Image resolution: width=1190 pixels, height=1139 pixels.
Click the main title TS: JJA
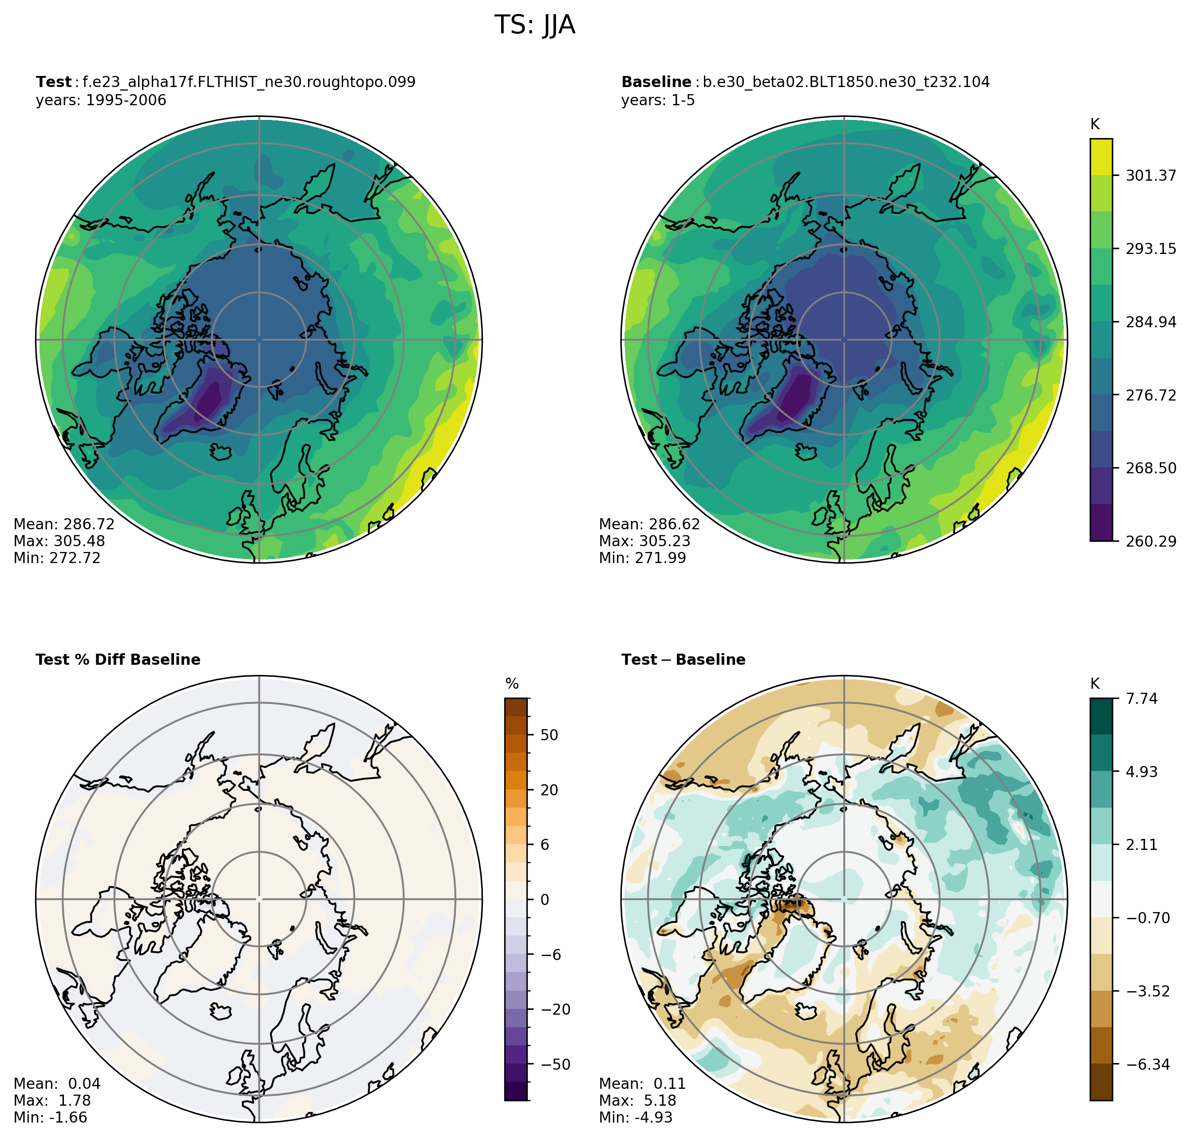pos(534,25)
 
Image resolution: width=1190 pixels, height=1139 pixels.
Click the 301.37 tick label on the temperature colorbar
pos(1150,175)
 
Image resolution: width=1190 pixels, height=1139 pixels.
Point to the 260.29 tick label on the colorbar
pos(1150,541)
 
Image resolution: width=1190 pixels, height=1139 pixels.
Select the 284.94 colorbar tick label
pos(1150,322)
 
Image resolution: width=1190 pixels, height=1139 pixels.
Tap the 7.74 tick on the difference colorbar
pos(1142,699)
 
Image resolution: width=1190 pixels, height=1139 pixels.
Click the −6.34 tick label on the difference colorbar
pos(1147,1064)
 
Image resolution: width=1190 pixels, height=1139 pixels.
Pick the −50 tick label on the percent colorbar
pos(555,1064)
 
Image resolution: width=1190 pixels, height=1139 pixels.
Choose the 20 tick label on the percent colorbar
pos(549,790)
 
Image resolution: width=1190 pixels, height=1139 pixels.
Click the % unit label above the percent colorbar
pos(512,684)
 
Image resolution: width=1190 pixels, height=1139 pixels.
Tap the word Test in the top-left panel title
pos(53,82)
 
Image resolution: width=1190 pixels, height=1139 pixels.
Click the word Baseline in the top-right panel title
pos(656,82)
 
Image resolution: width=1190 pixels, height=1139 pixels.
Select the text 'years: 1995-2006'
pos(101,100)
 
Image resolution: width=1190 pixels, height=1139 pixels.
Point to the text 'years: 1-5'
pos(658,100)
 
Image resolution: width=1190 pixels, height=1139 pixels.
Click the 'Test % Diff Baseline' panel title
pos(118,660)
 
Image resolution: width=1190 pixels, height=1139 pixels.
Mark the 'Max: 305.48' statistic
pos(59,541)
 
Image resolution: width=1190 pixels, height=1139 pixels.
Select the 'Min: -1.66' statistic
pos(50,1118)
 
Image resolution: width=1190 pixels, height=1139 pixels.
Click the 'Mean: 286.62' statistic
pos(649,524)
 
